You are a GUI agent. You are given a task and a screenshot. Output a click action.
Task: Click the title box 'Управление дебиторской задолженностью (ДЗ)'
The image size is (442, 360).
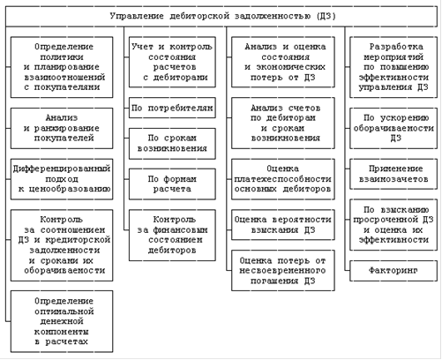point(221,16)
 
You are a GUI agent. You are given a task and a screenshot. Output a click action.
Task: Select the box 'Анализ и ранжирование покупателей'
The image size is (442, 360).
point(62,128)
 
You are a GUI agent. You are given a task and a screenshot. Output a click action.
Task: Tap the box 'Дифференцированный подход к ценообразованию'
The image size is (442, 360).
point(62,179)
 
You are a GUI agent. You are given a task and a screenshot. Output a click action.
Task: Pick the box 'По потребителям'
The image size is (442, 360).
point(172,108)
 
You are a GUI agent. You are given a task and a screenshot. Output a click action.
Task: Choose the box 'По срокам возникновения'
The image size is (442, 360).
point(172,144)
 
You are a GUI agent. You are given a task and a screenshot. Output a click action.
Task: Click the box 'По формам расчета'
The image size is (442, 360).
point(172,184)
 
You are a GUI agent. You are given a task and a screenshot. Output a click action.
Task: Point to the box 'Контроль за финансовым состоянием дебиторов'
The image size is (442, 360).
point(172,235)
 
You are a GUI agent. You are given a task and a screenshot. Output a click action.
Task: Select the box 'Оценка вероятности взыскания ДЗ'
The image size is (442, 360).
point(283,225)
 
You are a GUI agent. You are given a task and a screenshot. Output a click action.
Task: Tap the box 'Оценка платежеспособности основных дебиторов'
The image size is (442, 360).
point(283,179)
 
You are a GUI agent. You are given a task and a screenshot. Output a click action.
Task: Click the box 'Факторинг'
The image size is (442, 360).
point(393,271)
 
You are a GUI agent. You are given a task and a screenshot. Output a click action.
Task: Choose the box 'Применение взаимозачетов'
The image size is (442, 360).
point(393,174)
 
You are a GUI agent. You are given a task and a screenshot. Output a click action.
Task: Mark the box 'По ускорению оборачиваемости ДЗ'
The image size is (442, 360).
point(393,128)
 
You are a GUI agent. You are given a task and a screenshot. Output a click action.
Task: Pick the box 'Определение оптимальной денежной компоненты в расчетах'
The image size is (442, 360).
point(62,321)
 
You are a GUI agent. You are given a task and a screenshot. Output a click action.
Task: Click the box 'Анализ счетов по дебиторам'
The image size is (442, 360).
point(283,123)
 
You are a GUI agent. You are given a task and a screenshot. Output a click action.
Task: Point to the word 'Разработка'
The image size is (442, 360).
point(396,47)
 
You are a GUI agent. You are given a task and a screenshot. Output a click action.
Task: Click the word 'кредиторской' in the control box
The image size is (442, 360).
point(78,240)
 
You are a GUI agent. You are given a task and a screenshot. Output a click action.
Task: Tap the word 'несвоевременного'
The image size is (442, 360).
point(282,271)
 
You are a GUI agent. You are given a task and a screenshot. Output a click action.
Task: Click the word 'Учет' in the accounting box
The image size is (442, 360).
point(142,47)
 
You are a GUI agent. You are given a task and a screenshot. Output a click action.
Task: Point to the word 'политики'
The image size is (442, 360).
point(62,56)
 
